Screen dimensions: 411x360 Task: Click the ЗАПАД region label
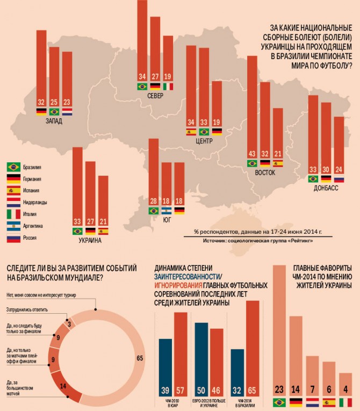pos(54,121)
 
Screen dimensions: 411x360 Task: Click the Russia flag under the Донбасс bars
pos(339,179)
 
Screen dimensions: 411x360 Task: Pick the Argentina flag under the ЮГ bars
pos(166,211)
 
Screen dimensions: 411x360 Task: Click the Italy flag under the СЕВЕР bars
pos(168,86)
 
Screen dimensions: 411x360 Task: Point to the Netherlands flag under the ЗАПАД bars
pos(67,112)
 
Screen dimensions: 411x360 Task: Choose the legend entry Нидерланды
pos(35,202)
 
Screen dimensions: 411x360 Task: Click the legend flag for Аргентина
pos(13,226)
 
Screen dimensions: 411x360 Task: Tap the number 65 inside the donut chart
pos(140,358)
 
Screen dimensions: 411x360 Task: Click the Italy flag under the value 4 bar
pos(346,402)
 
